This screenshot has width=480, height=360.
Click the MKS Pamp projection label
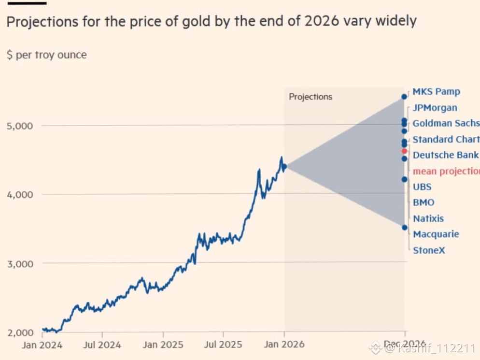click(x=436, y=92)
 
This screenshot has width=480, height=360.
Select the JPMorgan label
click(x=435, y=108)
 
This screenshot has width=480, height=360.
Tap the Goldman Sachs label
click(x=446, y=123)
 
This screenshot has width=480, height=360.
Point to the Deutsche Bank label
click(x=445, y=155)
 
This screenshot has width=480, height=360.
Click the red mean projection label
click(x=446, y=171)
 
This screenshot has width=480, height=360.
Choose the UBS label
click(x=422, y=187)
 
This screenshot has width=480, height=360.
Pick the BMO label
click(x=424, y=202)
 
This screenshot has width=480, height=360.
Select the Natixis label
click(x=428, y=218)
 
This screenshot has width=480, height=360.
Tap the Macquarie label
click(x=436, y=234)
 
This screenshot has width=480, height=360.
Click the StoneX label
click(x=429, y=250)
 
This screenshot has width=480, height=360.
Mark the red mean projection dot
click(x=405, y=151)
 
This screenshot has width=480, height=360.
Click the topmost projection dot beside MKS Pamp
click(x=404, y=97)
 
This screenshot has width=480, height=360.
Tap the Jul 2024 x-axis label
click(x=102, y=345)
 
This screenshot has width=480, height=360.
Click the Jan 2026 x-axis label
click(x=284, y=345)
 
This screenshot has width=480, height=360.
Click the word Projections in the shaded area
click(x=311, y=97)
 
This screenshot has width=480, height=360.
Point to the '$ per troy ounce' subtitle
click(x=46, y=55)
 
